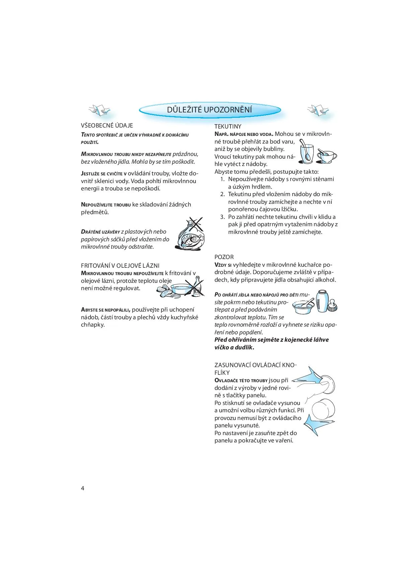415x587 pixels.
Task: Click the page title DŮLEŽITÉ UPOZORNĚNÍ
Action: (210, 110)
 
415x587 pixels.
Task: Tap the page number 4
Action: (83, 488)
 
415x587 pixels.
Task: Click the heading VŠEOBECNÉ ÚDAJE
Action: (107, 125)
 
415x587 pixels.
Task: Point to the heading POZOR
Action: (224, 257)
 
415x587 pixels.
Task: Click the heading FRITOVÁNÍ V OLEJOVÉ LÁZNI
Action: (120, 266)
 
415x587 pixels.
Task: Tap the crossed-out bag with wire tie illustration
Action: (189, 234)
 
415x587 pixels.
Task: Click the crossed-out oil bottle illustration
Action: (197, 286)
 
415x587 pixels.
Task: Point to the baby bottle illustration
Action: (322, 301)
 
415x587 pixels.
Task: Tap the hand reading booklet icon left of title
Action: (99, 110)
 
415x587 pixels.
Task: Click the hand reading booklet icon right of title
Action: (319, 110)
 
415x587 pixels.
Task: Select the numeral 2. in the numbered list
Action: (223, 194)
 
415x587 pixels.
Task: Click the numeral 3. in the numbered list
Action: (223, 217)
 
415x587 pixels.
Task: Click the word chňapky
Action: (93, 325)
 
